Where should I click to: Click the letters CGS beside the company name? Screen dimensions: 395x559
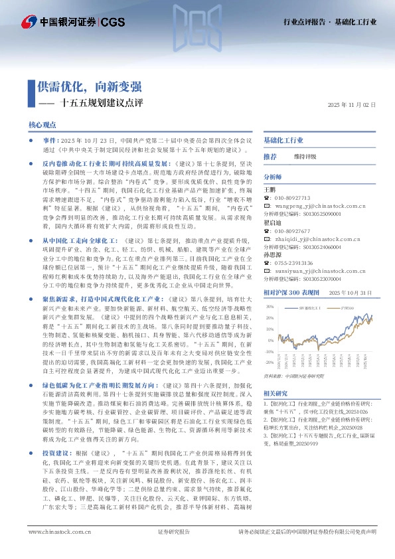[112, 22]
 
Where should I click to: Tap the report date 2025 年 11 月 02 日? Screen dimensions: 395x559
[352, 105]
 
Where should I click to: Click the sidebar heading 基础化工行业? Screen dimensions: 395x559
[283, 141]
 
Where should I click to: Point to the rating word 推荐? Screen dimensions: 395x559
[270, 156]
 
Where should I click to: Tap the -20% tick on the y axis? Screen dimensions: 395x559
[269, 362]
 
